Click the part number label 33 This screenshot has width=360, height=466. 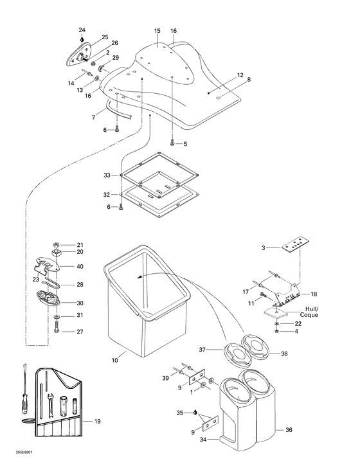[x=107, y=175]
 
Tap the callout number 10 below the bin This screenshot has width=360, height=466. [x=115, y=361]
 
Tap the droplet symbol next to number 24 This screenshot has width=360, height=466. [x=82, y=39]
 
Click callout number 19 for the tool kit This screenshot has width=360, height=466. [x=98, y=422]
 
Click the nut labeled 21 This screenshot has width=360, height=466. [x=57, y=244]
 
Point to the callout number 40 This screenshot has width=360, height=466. [x=80, y=266]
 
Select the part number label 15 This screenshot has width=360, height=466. [x=157, y=31]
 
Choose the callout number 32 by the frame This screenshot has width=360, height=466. [x=107, y=193]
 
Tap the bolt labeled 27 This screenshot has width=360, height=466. [x=57, y=331]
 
